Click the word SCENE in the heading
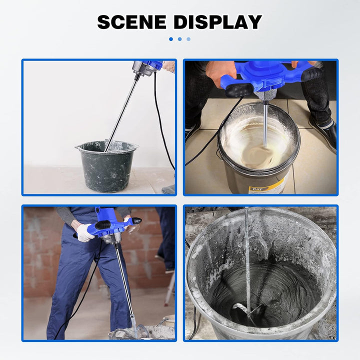point(132,22)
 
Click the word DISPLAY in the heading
point(217,22)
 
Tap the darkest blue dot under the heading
point(171,39)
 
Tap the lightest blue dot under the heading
point(188,39)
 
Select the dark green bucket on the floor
point(107,166)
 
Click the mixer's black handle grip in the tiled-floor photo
point(239,89)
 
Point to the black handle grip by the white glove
point(102,224)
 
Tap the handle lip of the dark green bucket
point(77,147)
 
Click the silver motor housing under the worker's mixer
point(109,238)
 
